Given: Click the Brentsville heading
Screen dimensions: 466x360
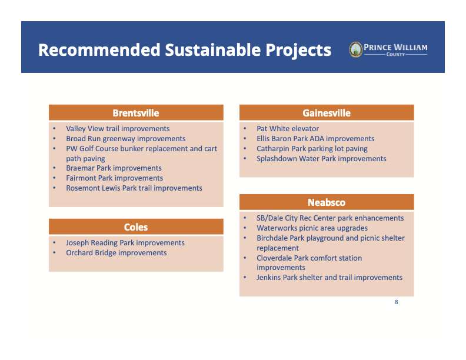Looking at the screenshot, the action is pyautogui.click(x=136, y=113).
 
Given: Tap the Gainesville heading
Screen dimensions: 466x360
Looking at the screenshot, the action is pyautogui.click(x=327, y=113).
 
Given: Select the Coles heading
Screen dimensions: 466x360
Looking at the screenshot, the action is pyautogui.click(x=136, y=227).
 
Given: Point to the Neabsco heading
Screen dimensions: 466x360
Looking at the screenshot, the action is pyautogui.click(x=327, y=202).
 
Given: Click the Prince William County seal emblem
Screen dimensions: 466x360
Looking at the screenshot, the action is pyautogui.click(x=356, y=49).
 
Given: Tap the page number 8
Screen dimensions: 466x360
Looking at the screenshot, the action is pyautogui.click(x=396, y=302).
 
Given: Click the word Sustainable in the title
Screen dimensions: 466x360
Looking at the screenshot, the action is pyautogui.click(x=213, y=50).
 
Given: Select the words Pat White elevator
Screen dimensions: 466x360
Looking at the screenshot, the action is pyautogui.click(x=288, y=129).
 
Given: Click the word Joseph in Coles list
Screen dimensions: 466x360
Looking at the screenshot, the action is pyautogui.click(x=77, y=243).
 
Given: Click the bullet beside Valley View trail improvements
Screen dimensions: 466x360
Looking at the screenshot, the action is pyautogui.click(x=54, y=129).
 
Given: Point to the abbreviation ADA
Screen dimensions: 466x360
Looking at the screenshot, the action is pyautogui.click(x=317, y=139).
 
